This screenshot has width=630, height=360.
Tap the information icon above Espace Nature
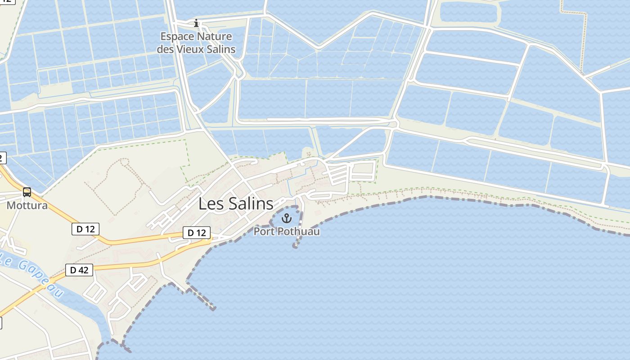coord(196,23)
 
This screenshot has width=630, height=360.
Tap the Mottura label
coord(27,206)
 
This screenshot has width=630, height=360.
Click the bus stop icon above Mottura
coord(27,193)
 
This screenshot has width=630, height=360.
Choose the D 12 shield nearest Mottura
coord(85,229)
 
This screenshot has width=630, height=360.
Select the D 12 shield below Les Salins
coord(197,233)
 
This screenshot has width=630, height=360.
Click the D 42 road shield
coord(79,270)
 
